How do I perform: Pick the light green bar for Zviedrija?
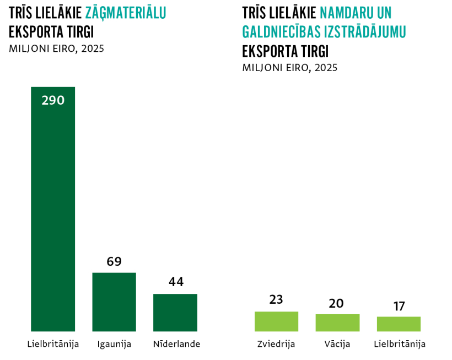click(x=276, y=321)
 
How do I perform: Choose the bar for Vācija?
click(x=337, y=323)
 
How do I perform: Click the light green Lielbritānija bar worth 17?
click(x=399, y=324)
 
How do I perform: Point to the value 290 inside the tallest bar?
click(x=53, y=100)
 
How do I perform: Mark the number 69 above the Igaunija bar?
click(x=114, y=261)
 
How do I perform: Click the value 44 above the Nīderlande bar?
click(x=176, y=282)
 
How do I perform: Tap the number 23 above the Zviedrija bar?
click(x=276, y=300)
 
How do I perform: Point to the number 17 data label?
click(x=399, y=307)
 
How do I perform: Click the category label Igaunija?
click(x=114, y=345)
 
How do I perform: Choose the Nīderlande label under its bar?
click(x=176, y=345)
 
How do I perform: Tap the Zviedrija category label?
click(x=276, y=345)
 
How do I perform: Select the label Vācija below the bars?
click(x=337, y=345)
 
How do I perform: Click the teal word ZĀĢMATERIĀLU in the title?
click(x=126, y=13)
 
